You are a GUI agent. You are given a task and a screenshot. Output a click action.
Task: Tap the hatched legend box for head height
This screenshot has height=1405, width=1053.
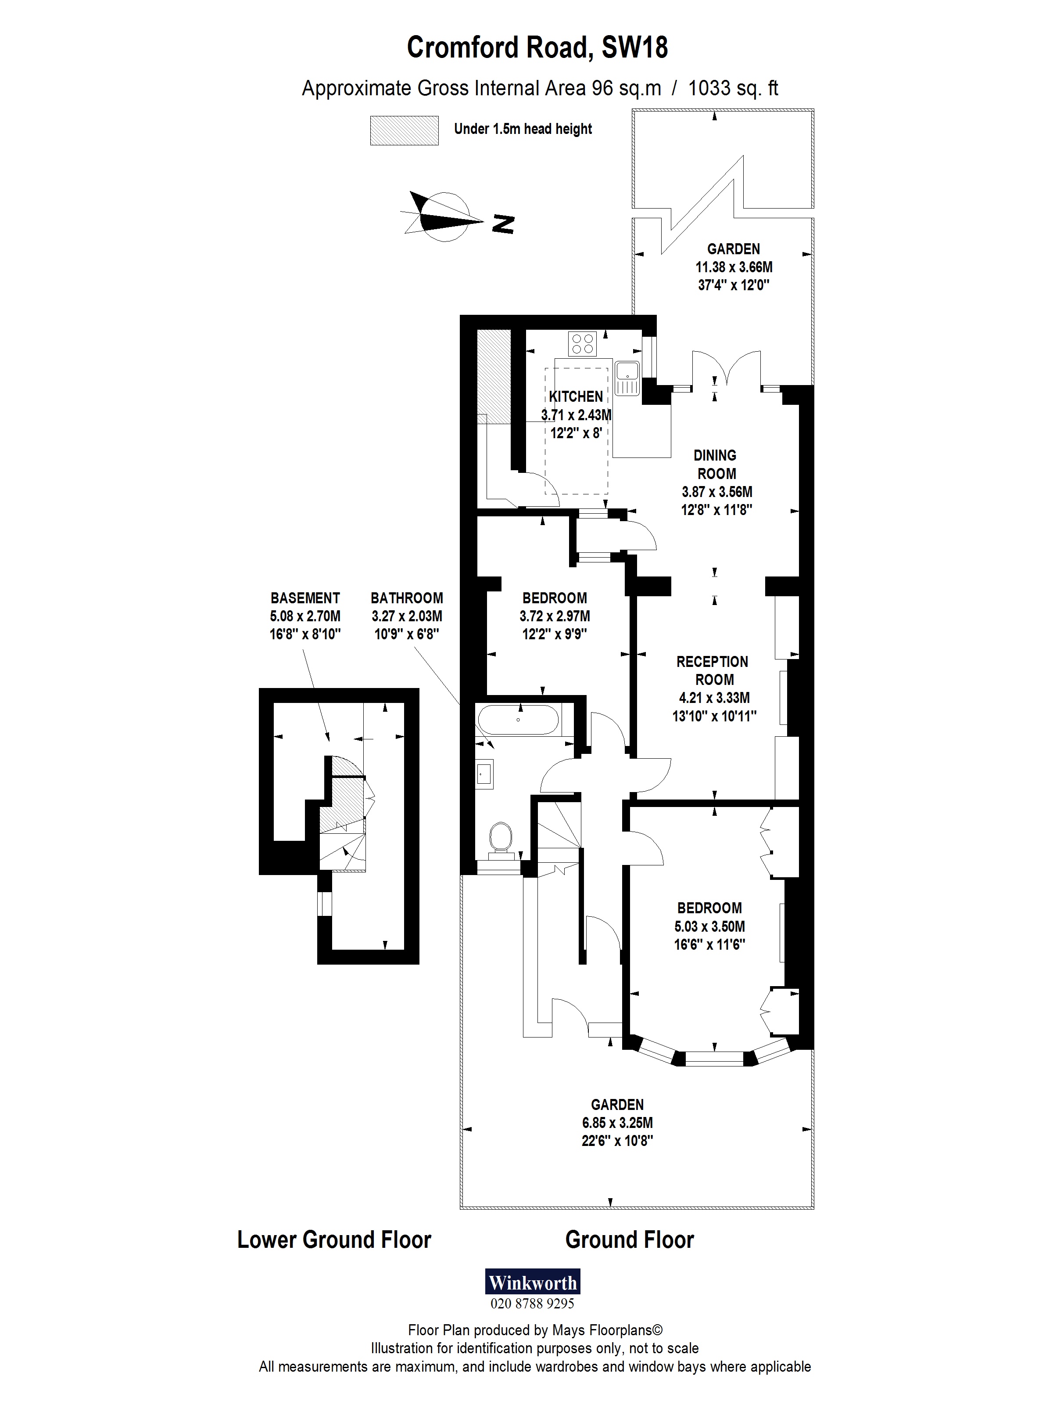pyautogui.click(x=405, y=130)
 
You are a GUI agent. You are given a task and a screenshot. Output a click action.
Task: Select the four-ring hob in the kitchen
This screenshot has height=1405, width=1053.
pyautogui.click(x=583, y=344)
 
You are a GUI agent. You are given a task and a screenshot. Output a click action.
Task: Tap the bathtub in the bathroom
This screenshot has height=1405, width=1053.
pyautogui.click(x=518, y=721)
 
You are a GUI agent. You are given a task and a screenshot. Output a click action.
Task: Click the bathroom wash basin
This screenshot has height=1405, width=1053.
pyautogui.click(x=484, y=774)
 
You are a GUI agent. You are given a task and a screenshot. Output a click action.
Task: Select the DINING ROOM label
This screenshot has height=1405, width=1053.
pyautogui.click(x=715, y=465)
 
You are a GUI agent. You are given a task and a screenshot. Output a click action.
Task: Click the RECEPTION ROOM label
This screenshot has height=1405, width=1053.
pyautogui.click(x=713, y=670)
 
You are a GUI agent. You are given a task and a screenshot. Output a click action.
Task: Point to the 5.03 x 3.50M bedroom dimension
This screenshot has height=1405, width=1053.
pyautogui.click(x=709, y=926)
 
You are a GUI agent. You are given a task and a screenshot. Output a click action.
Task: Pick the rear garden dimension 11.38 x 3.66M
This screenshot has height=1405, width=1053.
pyautogui.click(x=734, y=267)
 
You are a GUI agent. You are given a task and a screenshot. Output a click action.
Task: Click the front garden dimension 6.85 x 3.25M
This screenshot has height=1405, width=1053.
pyautogui.click(x=617, y=1122)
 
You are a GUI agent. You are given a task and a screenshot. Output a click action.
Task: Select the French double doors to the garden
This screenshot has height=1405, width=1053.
pyautogui.click(x=727, y=368)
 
